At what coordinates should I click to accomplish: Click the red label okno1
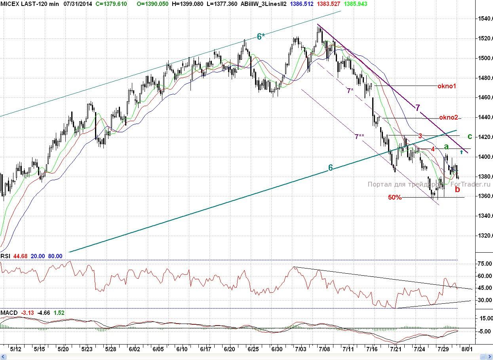tap(447, 86)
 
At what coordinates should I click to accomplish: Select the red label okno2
tap(448, 118)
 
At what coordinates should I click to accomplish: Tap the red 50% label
tap(395, 197)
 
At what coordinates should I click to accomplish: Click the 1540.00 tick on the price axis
tap(484, 19)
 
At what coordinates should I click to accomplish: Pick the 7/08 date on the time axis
tap(324, 349)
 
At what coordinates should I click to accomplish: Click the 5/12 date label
tap(16, 349)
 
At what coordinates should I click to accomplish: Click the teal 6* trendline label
tap(261, 37)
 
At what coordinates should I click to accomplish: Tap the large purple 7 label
tap(418, 107)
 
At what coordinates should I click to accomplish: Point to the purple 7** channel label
tap(360, 137)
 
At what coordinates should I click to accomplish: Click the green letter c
tap(470, 137)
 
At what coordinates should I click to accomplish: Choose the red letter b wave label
tap(458, 189)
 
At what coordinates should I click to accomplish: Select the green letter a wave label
tap(446, 147)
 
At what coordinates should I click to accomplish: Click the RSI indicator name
tap(6, 256)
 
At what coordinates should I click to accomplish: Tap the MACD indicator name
tap(9, 313)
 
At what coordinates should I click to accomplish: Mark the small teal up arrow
tap(461, 152)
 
